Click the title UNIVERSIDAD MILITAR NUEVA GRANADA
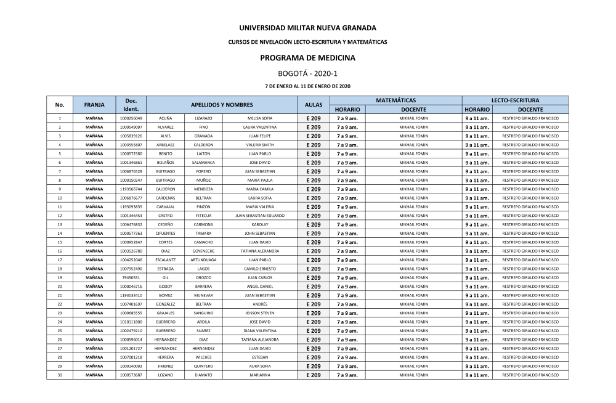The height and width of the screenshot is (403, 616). [x=307, y=28]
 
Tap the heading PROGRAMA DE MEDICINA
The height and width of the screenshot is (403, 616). [x=307, y=57]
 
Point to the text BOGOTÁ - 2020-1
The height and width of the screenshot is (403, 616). [x=307, y=73]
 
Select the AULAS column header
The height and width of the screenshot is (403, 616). [x=314, y=105]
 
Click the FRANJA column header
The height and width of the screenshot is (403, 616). [x=94, y=105]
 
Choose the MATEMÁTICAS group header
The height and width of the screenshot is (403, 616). [x=395, y=100]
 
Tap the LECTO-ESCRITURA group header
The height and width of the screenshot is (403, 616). [x=515, y=100]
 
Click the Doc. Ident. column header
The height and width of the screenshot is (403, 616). [x=131, y=105]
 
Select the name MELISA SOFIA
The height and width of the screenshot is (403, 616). [x=259, y=118]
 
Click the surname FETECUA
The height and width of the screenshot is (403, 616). [x=203, y=216]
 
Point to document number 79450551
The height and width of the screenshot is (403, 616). [x=131, y=278]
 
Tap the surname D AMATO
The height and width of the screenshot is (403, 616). [x=203, y=375]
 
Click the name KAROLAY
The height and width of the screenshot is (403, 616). [x=259, y=225]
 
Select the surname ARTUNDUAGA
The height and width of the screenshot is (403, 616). [x=203, y=260]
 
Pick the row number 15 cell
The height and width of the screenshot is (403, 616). [x=60, y=242]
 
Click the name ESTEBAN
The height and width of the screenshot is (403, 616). [x=259, y=357]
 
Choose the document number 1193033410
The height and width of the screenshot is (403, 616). [x=131, y=295]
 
